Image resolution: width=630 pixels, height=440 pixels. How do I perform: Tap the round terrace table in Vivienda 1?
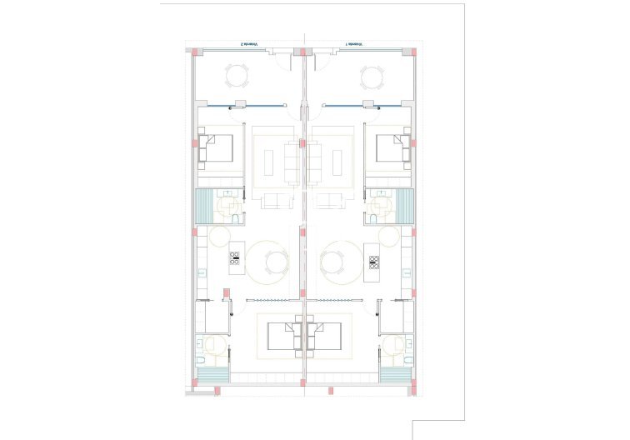click(x=372, y=78)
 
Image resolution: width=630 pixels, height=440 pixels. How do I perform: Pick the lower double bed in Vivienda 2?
click(x=284, y=336)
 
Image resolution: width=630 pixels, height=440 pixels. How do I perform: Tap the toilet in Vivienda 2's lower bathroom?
click(x=201, y=360)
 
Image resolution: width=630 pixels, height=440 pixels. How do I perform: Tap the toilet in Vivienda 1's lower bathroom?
click(x=407, y=360)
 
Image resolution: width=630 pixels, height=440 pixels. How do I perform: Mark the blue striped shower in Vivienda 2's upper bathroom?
click(x=203, y=206)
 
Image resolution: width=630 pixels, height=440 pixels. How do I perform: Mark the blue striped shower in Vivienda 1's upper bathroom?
click(x=405, y=206)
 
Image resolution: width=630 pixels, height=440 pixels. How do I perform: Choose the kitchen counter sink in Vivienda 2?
click(x=202, y=271)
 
